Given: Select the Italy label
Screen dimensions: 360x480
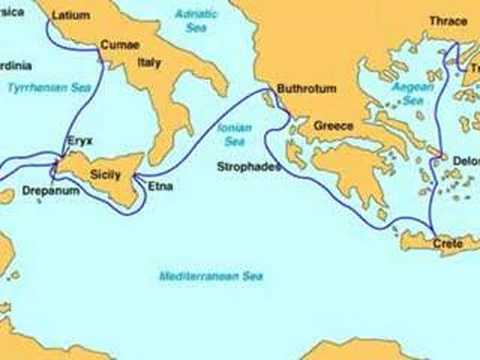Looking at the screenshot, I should click(x=150, y=63).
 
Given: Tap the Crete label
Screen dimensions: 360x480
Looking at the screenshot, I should click(x=448, y=243).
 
